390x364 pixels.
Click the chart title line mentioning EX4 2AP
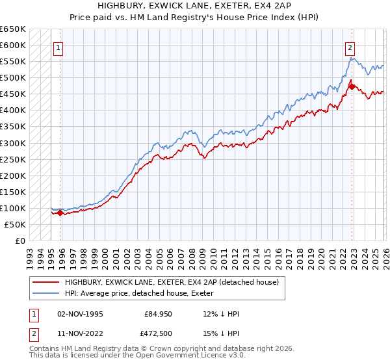[x=194, y=5]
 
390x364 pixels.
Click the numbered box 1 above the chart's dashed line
[x=58, y=47]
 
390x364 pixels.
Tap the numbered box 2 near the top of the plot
[x=350, y=47]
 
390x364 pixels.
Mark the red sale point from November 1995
[x=60, y=213]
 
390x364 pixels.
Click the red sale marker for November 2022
[x=352, y=86]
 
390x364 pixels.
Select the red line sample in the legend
[x=45, y=282]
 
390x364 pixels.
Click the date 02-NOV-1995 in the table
[x=80, y=314]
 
